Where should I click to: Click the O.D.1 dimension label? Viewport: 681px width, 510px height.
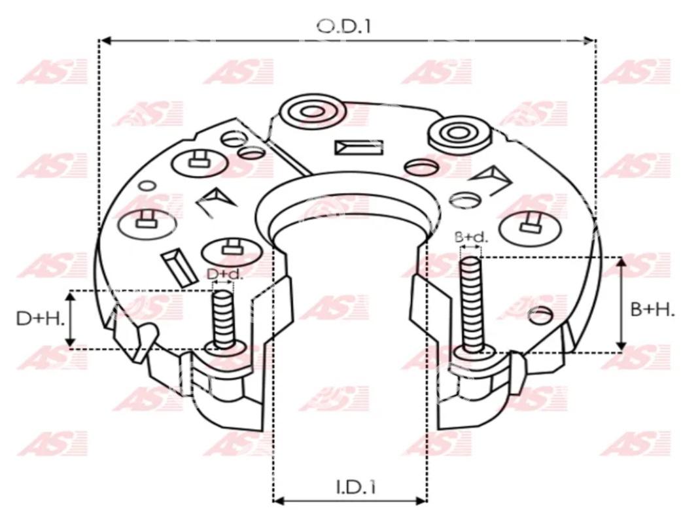[344, 26]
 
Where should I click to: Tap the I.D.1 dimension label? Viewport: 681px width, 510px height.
[356, 487]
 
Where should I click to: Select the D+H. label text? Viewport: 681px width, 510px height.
[40, 318]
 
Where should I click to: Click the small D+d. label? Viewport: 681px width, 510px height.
[225, 275]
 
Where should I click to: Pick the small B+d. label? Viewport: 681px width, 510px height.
[471, 237]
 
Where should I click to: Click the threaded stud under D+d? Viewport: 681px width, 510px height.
[224, 320]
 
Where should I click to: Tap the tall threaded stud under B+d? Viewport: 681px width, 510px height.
[471, 306]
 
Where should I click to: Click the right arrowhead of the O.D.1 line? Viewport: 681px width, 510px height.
[589, 41]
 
